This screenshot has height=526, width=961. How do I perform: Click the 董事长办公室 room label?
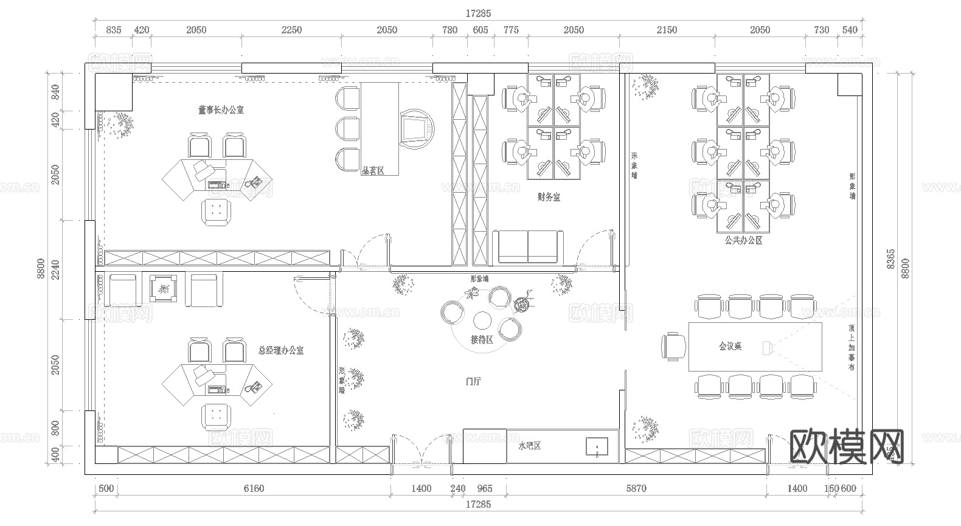coord(220,110)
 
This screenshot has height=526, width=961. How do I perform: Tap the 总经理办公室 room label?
coord(280,350)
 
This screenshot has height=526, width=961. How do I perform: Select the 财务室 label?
coord(549,197)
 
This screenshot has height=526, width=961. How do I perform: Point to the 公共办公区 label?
coord(743,240)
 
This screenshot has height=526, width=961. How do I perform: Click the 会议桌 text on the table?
coord(730,346)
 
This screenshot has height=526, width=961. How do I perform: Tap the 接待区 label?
coord(482,340)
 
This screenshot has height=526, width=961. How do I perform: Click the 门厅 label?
coord(473,382)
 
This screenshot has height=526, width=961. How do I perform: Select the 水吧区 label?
coord(529,446)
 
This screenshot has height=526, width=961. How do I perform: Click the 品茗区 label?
coord(373,171)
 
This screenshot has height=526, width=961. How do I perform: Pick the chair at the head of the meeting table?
coord(673,347)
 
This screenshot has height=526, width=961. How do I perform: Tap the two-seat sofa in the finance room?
coord(528,247)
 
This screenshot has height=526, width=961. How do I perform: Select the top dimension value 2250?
coord(291,30)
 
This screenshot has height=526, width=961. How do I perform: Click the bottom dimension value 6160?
coord(254,488)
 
